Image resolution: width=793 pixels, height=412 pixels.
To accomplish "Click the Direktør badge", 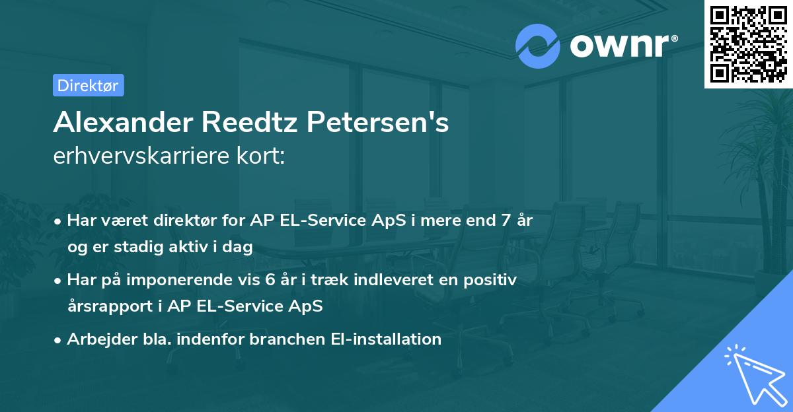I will coord(88,85).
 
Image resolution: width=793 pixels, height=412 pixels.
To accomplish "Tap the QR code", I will coord(747,44).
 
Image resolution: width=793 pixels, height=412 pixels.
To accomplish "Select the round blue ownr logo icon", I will coord(538,46).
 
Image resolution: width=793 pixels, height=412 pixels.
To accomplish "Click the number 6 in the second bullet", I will coord(272,280).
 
